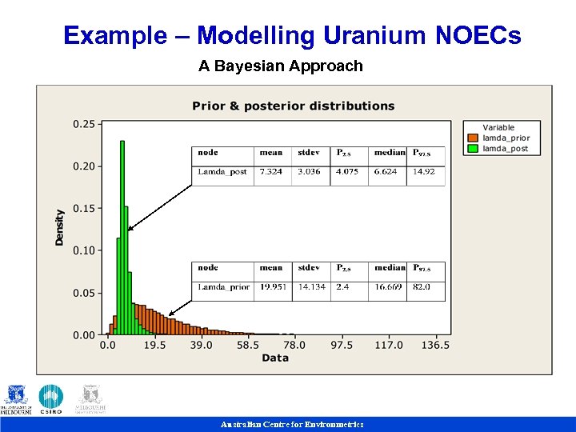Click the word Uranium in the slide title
(x=375, y=36)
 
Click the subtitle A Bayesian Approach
(x=280, y=66)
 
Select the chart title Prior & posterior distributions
(x=293, y=106)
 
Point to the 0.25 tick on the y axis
(x=84, y=124)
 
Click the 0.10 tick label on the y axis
(x=84, y=250)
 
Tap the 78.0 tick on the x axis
(x=294, y=345)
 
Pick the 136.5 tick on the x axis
(x=435, y=345)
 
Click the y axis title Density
(x=60, y=227)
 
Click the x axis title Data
(x=274, y=358)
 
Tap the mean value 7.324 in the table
(x=271, y=172)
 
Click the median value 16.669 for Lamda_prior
(x=387, y=287)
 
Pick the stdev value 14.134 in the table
(x=311, y=287)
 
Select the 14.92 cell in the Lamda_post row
(x=424, y=172)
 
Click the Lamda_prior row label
(x=223, y=287)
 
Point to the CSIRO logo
(x=50, y=399)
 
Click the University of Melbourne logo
(x=17, y=399)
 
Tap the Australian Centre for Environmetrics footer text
(x=292, y=425)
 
